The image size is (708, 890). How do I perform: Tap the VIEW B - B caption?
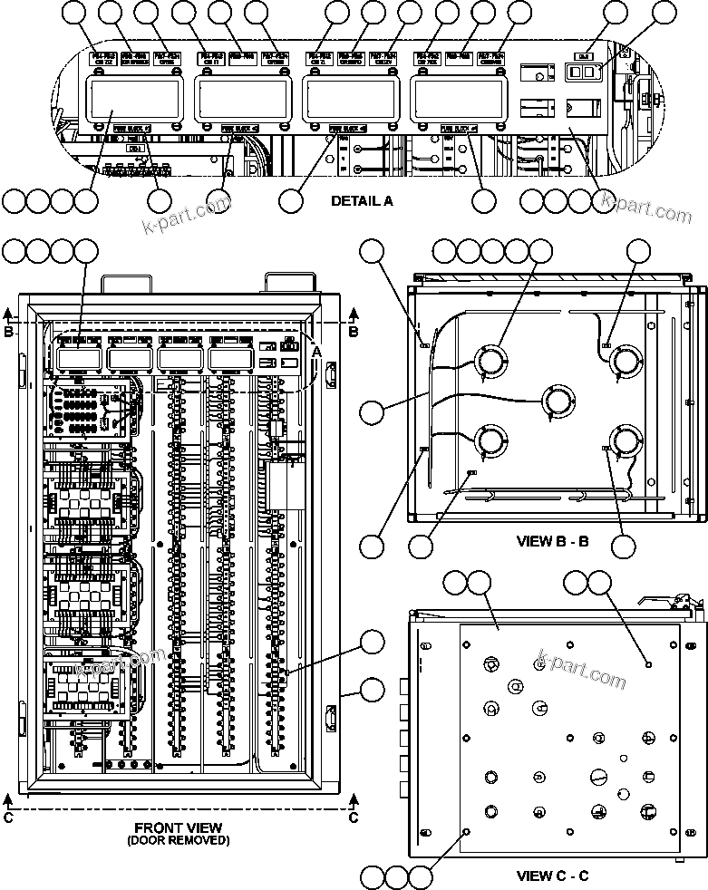[552, 541]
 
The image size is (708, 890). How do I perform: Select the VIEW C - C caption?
[552, 875]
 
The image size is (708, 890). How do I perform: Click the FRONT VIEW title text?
[179, 827]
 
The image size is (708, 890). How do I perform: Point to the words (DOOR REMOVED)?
[179, 840]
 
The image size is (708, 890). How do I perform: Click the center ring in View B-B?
[558, 399]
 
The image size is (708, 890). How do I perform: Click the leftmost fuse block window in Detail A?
[134, 100]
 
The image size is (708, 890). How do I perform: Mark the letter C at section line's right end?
[354, 817]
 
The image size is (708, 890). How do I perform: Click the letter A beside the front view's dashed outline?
[315, 351]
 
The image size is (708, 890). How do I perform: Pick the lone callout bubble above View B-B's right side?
[639, 251]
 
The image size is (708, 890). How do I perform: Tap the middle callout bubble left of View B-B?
[372, 412]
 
